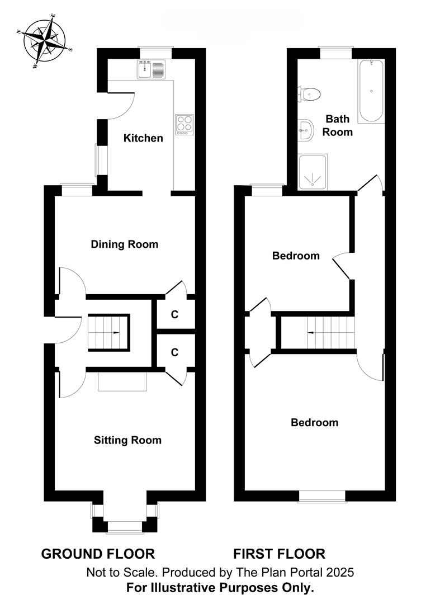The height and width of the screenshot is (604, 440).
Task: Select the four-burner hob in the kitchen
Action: click(x=184, y=124)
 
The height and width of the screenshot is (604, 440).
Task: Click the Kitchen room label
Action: click(x=143, y=138)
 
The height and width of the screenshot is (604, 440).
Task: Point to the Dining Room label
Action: click(x=125, y=244)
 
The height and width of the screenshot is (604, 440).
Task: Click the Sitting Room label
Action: click(x=127, y=440)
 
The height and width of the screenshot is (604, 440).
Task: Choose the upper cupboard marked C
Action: click(x=175, y=315)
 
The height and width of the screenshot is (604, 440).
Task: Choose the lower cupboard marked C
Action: click(x=175, y=352)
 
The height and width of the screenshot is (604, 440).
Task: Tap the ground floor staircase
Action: click(x=108, y=333)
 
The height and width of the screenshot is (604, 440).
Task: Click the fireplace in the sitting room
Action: click(x=122, y=381)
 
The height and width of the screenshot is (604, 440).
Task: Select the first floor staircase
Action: click(x=317, y=333)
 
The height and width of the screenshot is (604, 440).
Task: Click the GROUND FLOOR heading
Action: click(x=98, y=554)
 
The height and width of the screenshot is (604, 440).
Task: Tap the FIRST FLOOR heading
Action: click(x=279, y=554)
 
